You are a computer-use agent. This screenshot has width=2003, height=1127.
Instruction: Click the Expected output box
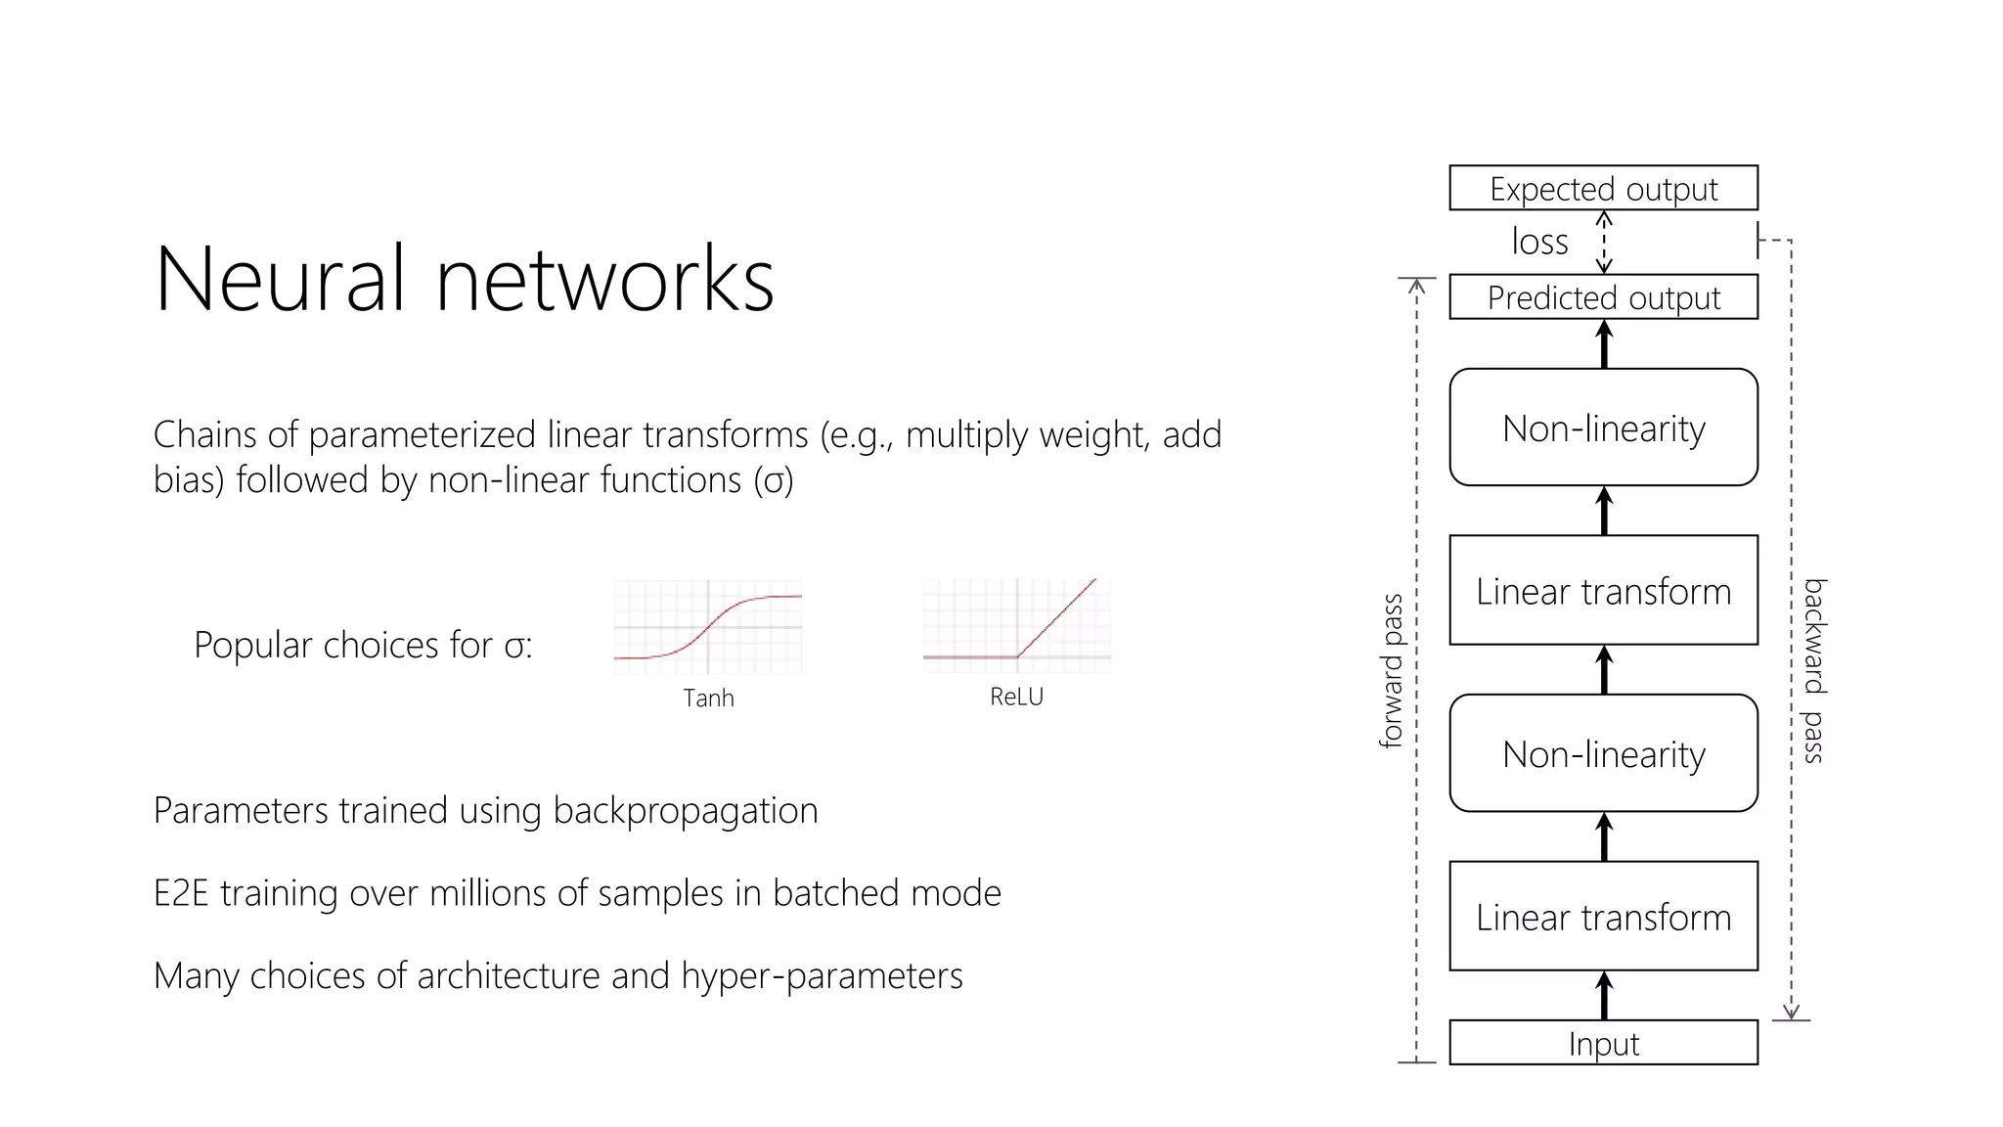pos(1603,188)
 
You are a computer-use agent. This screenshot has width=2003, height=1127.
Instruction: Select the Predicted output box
pos(1603,297)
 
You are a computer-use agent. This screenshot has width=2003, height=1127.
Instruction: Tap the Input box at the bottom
pos(1603,1043)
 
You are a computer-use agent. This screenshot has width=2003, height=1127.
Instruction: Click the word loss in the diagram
pos(1539,242)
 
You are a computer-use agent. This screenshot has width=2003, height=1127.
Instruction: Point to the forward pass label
pos(1391,671)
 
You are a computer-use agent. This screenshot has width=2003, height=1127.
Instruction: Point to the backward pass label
pos(1814,671)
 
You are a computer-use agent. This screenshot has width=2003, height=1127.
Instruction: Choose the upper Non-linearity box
pos(1603,428)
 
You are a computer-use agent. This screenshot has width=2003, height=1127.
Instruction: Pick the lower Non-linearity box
pos(1603,753)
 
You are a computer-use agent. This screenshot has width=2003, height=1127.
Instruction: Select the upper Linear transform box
pos(1603,590)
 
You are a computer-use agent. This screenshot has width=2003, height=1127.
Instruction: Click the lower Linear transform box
pos(1603,917)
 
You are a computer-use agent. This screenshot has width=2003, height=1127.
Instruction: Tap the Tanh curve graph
pos(708,626)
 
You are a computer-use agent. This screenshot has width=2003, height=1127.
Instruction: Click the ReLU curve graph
pos(1016,625)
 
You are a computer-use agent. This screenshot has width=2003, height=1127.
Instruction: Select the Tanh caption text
pos(708,699)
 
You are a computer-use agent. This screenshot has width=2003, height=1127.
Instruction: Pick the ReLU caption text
pos(1016,697)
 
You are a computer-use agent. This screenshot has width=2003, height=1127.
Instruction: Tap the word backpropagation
pos(685,811)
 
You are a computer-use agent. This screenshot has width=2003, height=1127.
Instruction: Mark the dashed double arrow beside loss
pos(1604,243)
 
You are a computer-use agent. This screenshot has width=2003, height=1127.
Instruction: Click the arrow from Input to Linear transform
pos(1604,996)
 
